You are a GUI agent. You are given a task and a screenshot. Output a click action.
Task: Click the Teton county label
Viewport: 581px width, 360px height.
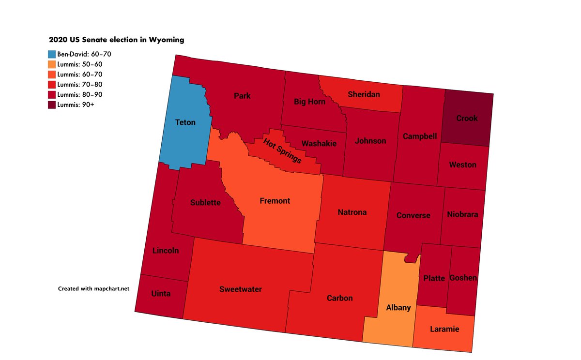pos(185,122)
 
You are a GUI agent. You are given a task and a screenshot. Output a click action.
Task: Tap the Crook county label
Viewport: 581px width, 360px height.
pos(467,118)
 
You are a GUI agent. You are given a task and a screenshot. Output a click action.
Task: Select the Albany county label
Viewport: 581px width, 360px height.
pos(398,308)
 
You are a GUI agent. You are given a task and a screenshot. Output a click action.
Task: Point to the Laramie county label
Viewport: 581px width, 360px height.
pos(444,330)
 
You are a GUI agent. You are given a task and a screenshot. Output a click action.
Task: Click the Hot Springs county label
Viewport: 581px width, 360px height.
pos(282,150)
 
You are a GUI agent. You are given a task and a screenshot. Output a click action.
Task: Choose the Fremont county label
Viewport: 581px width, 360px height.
pos(275,201)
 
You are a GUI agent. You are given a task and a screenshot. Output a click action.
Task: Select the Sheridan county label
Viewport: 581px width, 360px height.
pos(364,94)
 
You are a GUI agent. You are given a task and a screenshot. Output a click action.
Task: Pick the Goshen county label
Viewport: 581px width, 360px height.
pos(463,278)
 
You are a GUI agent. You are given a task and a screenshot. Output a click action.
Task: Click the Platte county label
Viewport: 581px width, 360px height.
pos(434,278)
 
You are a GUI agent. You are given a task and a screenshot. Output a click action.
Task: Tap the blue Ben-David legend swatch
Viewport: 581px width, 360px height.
pos(52,54)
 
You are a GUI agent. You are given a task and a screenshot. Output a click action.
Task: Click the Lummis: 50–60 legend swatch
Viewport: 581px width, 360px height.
pos(52,64)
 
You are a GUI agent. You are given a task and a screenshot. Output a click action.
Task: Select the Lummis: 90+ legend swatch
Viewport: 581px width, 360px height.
pos(52,105)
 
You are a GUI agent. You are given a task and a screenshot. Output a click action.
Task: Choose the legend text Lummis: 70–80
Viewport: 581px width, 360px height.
pos(80,85)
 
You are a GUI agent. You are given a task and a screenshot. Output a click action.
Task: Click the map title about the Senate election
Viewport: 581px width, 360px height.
pos(116,40)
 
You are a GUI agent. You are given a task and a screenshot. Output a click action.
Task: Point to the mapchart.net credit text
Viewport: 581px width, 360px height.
pos(94,288)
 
